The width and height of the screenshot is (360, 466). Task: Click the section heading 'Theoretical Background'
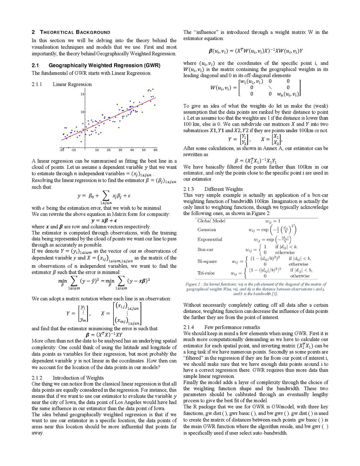[76, 32]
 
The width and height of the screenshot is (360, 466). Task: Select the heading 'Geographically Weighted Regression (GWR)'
[104, 65]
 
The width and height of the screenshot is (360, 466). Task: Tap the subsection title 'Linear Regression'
[72, 84]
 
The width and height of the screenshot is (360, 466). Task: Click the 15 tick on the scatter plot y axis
[82, 94]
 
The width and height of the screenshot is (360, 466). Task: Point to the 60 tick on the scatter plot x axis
[155, 150]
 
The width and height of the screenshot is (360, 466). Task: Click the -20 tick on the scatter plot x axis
[62, 150]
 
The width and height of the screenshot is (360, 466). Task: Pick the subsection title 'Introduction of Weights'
[78, 378]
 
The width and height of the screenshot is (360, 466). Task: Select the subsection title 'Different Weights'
[223, 189]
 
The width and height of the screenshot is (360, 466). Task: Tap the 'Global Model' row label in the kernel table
[211, 221]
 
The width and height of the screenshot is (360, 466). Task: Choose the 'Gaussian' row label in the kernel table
[207, 230]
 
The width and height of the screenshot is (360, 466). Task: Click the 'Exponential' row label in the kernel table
[210, 239]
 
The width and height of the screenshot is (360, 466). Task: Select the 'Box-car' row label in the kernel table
[205, 249]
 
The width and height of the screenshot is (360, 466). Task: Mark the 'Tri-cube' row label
[206, 273]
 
